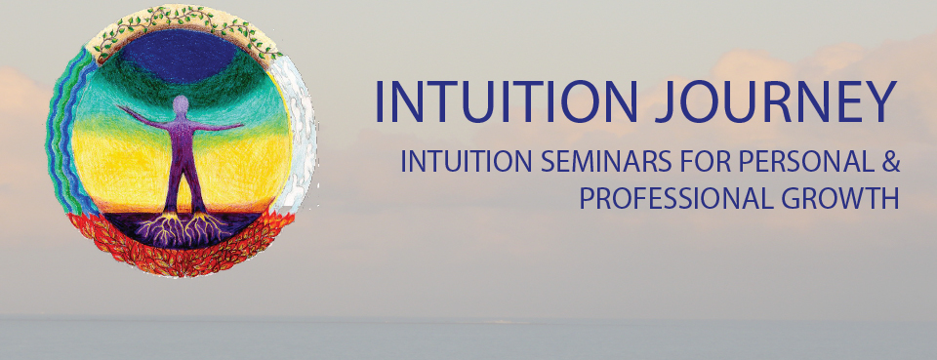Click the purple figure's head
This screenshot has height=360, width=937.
tap(181, 105)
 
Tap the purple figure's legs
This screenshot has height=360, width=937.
tap(183, 180)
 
